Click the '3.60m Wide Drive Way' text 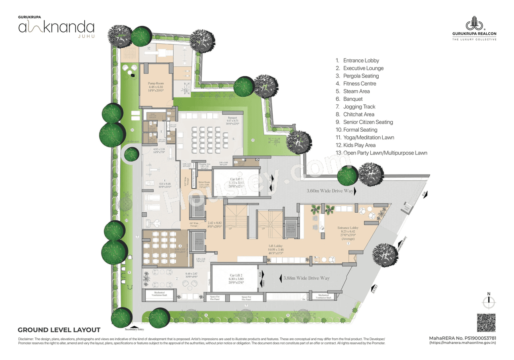(330, 191)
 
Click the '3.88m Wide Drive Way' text (306, 278)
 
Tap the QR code (486, 323)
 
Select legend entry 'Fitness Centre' (359, 83)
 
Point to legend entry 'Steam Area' (356, 91)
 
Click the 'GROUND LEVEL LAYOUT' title (59, 330)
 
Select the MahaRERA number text (463, 338)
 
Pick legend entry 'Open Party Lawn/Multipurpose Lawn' (385, 153)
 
